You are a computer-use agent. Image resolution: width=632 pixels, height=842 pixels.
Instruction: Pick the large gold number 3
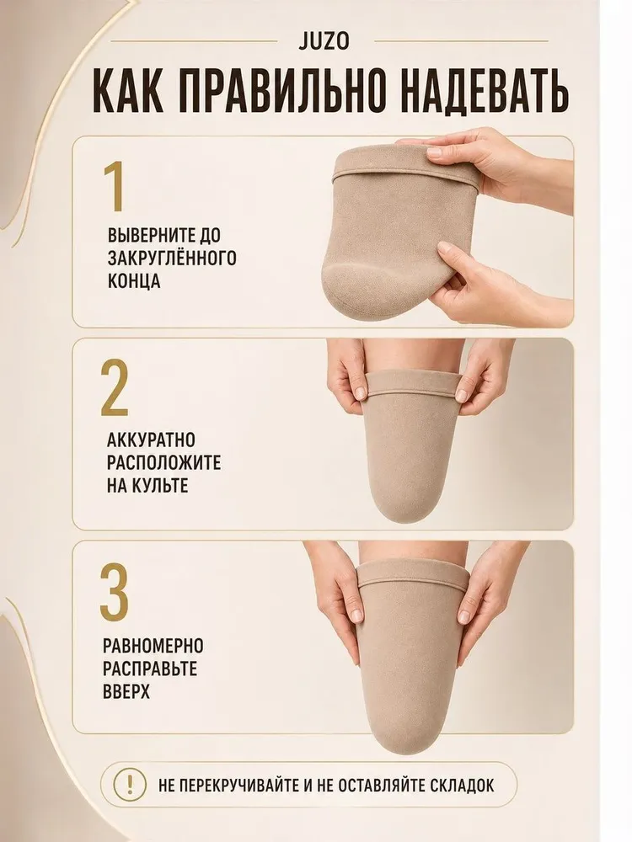115,591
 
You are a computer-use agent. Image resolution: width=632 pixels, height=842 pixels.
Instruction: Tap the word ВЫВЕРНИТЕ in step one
146,235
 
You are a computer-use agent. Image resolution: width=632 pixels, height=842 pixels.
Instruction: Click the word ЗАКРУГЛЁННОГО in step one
172,258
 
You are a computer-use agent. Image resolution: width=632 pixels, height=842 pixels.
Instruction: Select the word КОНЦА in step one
134,281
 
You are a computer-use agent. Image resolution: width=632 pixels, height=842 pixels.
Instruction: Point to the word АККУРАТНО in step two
151,440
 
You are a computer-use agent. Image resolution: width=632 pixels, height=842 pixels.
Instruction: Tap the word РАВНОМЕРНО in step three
153,645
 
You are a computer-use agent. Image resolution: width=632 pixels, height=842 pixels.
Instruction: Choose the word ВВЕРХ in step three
126,690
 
